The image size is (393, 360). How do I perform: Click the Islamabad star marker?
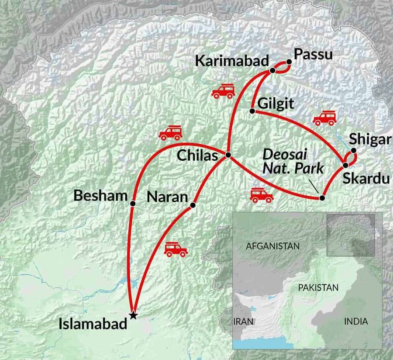click(133, 315)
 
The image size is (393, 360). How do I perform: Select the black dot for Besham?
click(133, 203)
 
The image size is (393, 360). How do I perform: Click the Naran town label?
click(167, 197)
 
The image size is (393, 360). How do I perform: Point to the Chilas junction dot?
click(228, 155)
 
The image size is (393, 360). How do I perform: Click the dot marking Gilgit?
click(252, 111)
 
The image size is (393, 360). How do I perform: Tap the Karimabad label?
click(231, 61)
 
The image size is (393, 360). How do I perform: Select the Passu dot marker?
click(289, 62)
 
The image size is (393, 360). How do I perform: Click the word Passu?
click(313, 55)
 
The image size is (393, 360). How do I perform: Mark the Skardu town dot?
click(345, 165)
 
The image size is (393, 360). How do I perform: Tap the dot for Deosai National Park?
click(322, 198)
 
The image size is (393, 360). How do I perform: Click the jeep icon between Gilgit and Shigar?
click(324, 118)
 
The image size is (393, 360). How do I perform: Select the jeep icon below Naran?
click(176, 250)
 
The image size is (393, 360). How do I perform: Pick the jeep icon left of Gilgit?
click(223, 91)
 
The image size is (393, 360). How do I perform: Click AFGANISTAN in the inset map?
click(273, 246)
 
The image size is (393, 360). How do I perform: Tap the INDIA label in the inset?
click(356, 322)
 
